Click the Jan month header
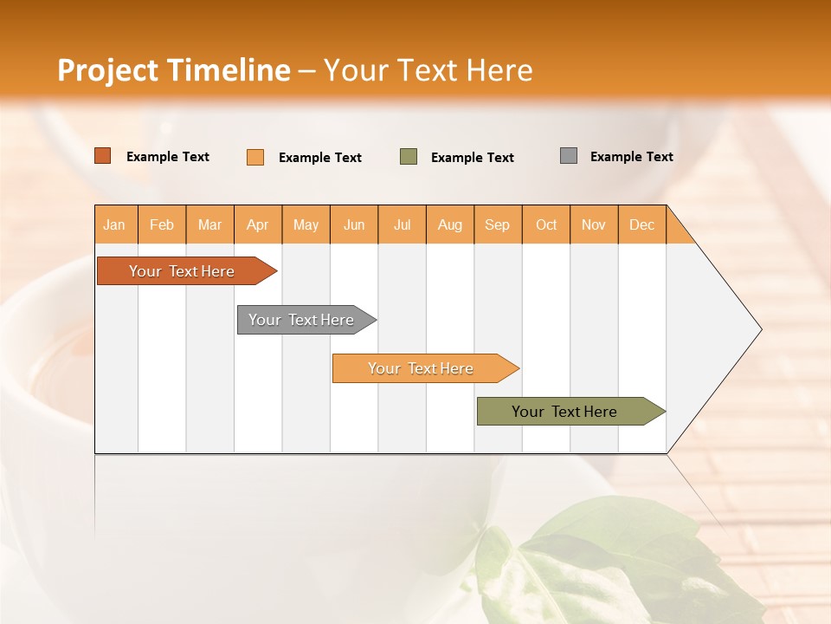pyautogui.click(x=114, y=224)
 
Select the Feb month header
pyautogui.click(x=162, y=224)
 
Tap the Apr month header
pyautogui.click(x=257, y=224)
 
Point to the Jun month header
pyautogui.click(x=354, y=224)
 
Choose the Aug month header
pyautogui.click(x=449, y=224)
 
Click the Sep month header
pyautogui.click(x=497, y=224)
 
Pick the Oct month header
pyautogui.click(x=546, y=224)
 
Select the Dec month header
pyautogui.click(x=641, y=224)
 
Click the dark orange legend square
pyautogui.click(x=103, y=156)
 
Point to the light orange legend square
pyautogui.click(x=255, y=157)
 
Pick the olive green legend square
pyautogui.click(x=409, y=156)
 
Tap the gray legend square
pyautogui.click(x=569, y=156)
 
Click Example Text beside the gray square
pyautogui.click(x=631, y=157)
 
